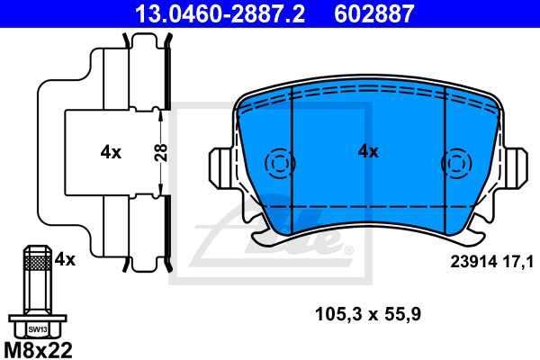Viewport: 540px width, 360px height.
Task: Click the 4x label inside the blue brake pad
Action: tap(368, 151)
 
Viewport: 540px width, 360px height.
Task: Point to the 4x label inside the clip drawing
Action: tap(111, 152)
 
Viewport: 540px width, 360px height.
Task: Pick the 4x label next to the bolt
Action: tap(65, 260)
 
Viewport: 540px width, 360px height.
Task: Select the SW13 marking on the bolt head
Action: tap(36, 329)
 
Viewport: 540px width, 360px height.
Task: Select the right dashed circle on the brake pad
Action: tap(455, 164)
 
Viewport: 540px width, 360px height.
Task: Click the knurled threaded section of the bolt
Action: tap(36, 262)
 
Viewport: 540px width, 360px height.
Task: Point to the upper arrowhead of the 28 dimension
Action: tap(160, 112)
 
